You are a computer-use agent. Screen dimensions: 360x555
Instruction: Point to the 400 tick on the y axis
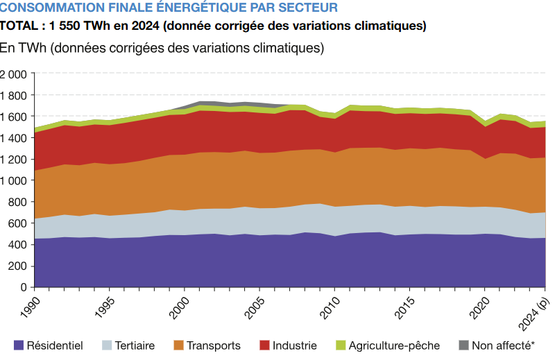[17, 244]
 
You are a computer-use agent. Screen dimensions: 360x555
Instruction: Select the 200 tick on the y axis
[17, 266]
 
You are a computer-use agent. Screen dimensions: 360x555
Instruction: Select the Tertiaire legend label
[135, 345]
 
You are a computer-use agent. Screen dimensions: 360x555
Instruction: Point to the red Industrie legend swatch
[265, 345]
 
